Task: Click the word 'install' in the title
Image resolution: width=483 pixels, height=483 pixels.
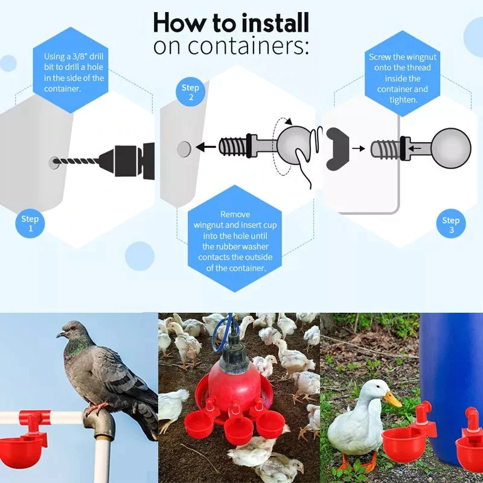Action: pyautogui.click(x=275, y=23)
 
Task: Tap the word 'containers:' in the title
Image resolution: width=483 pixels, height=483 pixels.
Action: pyautogui.click(x=231, y=46)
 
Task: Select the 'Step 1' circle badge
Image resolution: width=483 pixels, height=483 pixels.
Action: pyautogui.click(x=30, y=223)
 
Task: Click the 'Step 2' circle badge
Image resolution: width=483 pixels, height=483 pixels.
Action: pyautogui.click(x=190, y=92)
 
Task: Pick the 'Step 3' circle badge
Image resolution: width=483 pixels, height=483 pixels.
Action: pyautogui.click(x=450, y=225)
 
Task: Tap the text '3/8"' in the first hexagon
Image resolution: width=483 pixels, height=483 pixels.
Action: pyautogui.click(x=79, y=56)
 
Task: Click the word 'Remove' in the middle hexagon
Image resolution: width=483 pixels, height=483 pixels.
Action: pyautogui.click(x=235, y=214)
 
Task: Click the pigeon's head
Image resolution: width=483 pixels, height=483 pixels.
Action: pyautogui.click(x=71, y=330)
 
